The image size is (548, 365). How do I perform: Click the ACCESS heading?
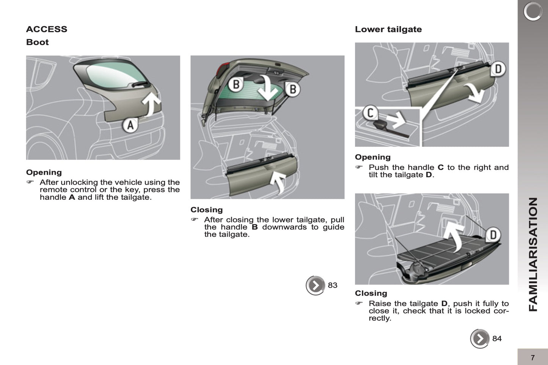[x=47, y=29]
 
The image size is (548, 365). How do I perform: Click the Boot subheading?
[x=37, y=42]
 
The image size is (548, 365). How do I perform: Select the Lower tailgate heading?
[x=388, y=29]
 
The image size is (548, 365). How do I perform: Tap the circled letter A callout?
[x=130, y=125]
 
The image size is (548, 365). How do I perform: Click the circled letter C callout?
[x=370, y=113]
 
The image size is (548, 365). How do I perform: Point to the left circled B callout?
[x=236, y=84]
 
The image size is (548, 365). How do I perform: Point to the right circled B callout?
[x=292, y=89]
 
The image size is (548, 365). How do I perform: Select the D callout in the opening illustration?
[x=498, y=69]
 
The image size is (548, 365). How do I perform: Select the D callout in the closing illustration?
[x=493, y=235]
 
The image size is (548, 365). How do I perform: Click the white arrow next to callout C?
[x=396, y=120]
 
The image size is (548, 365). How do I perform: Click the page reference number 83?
[x=333, y=285]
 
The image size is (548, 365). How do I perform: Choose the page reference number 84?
[x=497, y=338]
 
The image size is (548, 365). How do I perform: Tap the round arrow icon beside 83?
[x=316, y=285]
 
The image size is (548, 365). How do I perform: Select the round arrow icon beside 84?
[x=480, y=338]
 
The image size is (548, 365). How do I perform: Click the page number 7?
[x=532, y=357]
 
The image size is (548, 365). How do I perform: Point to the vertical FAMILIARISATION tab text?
[x=533, y=254]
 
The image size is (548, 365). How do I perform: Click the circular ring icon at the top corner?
[x=533, y=11]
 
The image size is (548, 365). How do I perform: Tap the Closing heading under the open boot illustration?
[x=206, y=210]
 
